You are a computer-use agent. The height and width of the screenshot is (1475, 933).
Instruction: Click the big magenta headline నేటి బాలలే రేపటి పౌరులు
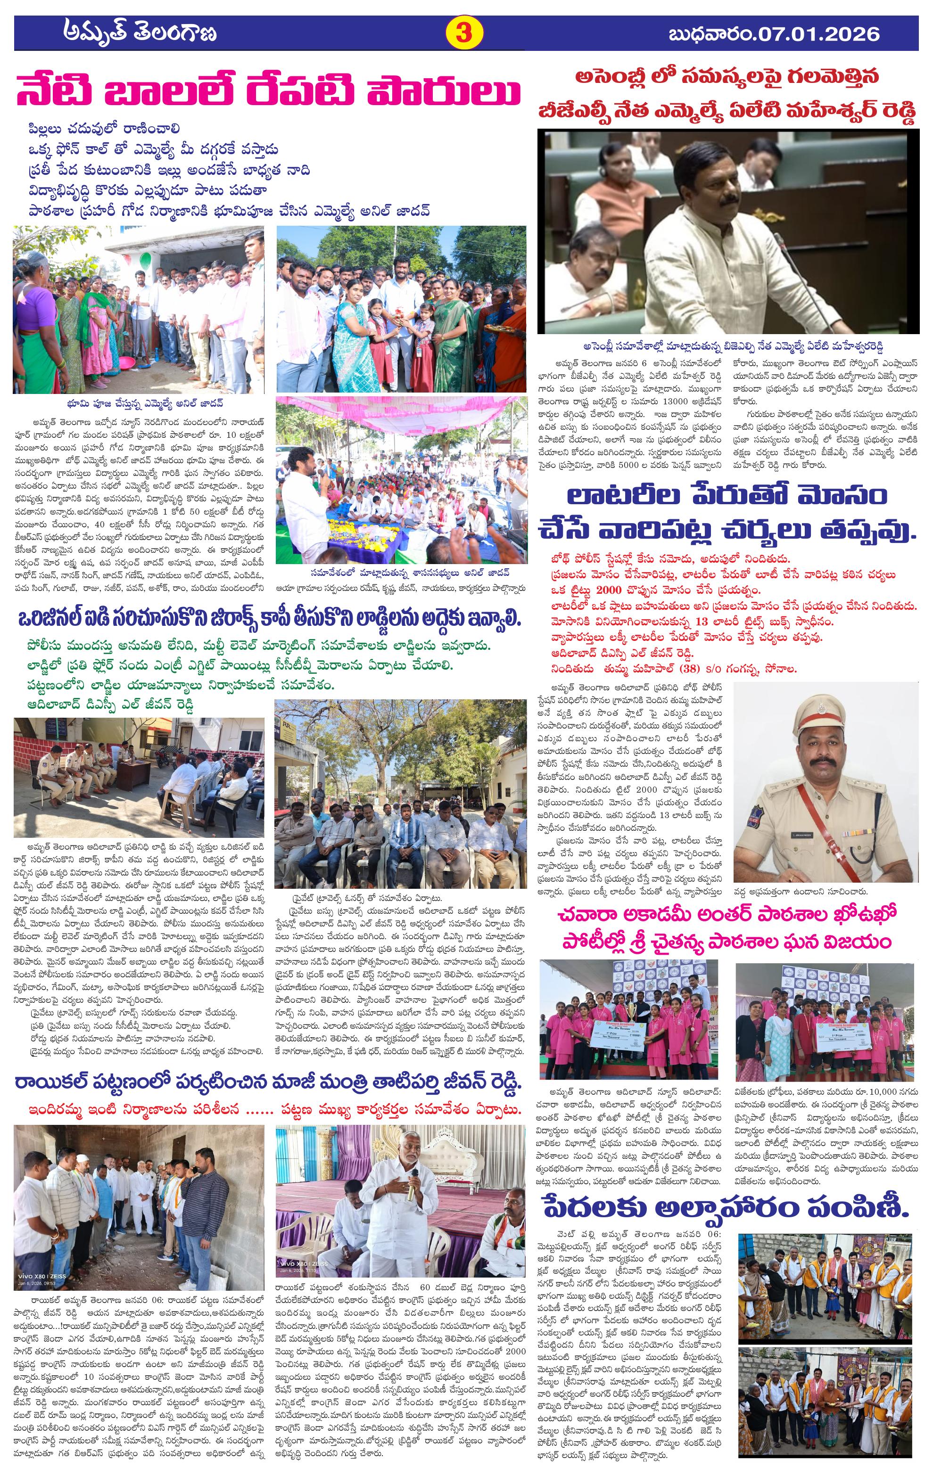pos(270,92)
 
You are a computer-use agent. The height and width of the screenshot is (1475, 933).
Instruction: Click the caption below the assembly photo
pos(728,345)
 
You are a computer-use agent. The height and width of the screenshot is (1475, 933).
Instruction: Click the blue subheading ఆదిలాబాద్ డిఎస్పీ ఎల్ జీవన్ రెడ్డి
pos(111,705)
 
